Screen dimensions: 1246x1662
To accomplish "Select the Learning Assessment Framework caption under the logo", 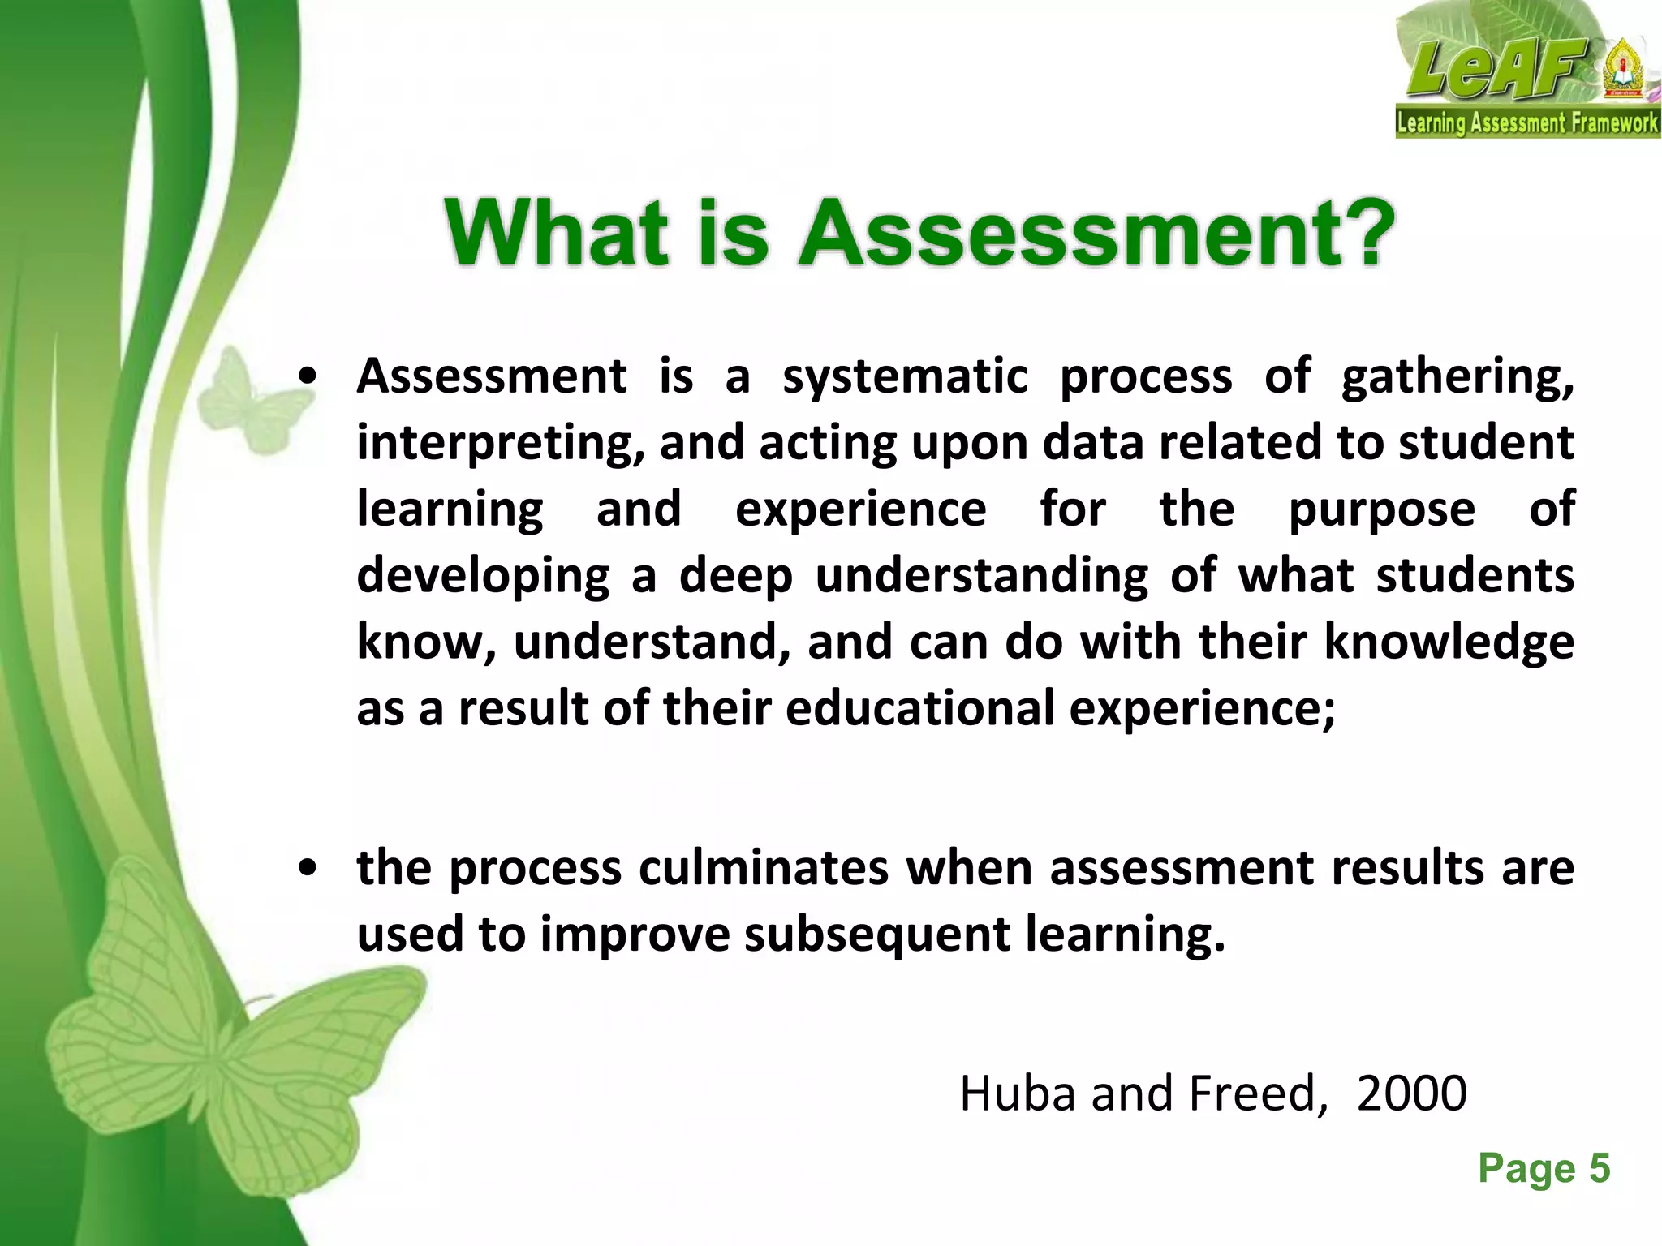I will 1527,123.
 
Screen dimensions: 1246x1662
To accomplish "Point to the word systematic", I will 906,377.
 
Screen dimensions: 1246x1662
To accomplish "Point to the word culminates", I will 764,868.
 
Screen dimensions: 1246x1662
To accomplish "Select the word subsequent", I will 876,934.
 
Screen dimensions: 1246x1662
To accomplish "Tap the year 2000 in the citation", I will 1411,1093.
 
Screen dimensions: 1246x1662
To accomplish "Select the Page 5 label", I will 1544,1169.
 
